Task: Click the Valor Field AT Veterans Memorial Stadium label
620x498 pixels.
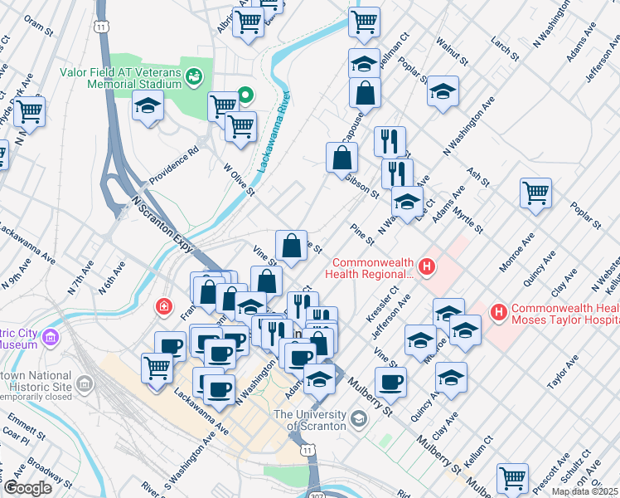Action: [x=121, y=78]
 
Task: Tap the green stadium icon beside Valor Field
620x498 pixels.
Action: [x=195, y=77]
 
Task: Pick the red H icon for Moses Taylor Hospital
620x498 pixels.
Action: [x=499, y=312]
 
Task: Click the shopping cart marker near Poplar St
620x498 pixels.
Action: [x=536, y=193]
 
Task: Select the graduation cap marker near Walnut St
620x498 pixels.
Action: [x=443, y=90]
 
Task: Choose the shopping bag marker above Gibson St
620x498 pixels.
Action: [x=342, y=155]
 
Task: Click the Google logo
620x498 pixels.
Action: [x=27, y=488]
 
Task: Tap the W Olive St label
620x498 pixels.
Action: [x=238, y=181]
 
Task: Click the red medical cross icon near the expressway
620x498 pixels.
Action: [x=164, y=307]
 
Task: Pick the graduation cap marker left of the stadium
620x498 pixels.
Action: [x=148, y=106]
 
